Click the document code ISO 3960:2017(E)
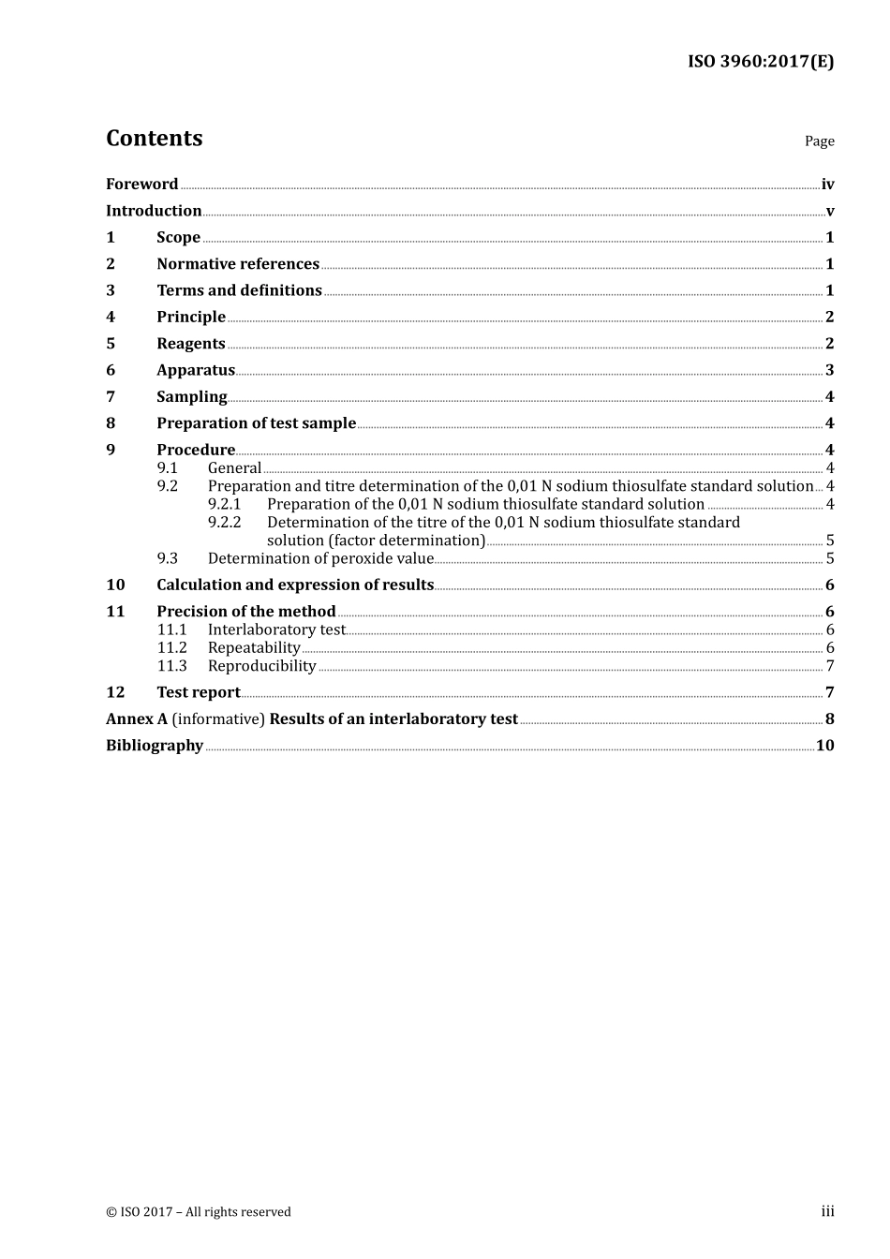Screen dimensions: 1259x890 tap(760, 62)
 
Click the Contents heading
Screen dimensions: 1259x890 tap(154, 138)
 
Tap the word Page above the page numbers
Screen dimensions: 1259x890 tap(819, 141)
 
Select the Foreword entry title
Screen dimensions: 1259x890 tap(141, 184)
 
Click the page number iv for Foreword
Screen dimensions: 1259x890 tap(827, 185)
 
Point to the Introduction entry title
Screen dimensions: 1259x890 tap(154, 211)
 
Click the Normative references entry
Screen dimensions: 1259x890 tap(238, 264)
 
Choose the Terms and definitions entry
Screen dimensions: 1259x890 tap(239, 290)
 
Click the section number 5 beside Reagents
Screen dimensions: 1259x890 tap(111, 344)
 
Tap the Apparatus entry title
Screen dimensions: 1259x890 tap(195, 370)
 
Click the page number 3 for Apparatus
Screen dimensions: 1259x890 tap(829, 370)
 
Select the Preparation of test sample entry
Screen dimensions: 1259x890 tap(256, 423)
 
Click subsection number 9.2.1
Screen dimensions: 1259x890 tap(224, 504)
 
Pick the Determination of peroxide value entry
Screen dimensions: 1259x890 tap(320, 558)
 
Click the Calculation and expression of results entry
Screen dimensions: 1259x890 tap(295, 585)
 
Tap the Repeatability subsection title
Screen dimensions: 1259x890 tap(254, 647)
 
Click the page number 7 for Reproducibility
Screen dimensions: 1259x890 tap(829, 666)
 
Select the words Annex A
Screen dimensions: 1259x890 tap(137, 718)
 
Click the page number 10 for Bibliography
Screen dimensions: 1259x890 tap(824, 746)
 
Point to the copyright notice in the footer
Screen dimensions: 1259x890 tap(199, 1211)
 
